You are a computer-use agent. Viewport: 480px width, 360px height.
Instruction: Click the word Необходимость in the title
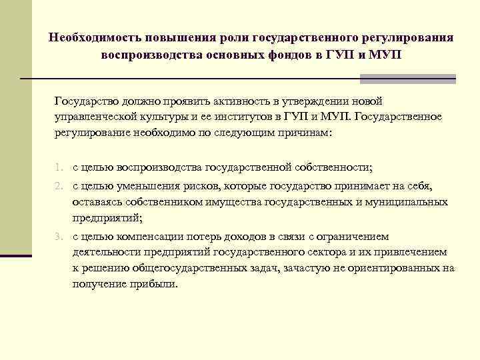(90, 37)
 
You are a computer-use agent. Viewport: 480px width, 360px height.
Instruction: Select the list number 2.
(59, 186)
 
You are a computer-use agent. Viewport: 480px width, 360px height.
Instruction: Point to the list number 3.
(59, 237)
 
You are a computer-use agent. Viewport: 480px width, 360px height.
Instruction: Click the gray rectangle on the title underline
(407, 79)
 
